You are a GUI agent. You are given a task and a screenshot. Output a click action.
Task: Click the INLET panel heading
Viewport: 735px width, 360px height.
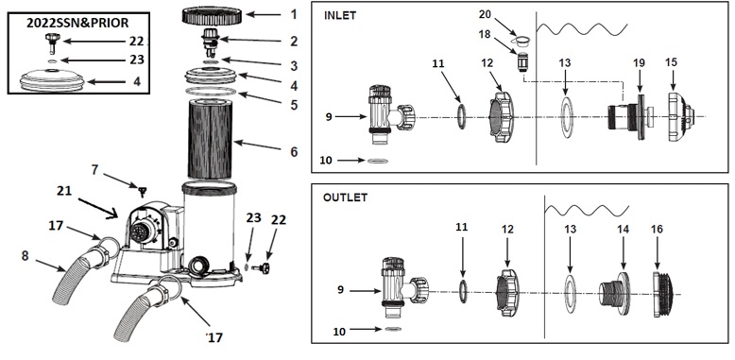(340, 15)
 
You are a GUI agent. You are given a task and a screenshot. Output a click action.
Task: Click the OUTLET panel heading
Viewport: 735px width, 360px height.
(345, 197)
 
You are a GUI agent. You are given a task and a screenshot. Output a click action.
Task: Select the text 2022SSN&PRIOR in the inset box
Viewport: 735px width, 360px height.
(77, 23)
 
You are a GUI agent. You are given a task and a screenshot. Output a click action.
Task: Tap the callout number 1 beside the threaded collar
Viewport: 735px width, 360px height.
(294, 14)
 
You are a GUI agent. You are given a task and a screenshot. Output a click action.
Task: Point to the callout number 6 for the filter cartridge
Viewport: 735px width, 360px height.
(294, 151)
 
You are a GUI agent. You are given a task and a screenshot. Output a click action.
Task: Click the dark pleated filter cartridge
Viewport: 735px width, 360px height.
(211, 139)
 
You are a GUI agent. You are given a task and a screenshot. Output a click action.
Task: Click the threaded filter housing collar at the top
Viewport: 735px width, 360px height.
(213, 15)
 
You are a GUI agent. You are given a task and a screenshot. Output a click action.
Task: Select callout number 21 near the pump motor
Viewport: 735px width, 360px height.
(64, 190)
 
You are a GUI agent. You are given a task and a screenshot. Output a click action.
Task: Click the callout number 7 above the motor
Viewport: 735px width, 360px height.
(94, 169)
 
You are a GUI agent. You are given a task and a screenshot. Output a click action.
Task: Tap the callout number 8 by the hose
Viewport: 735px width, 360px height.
(25, 255)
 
